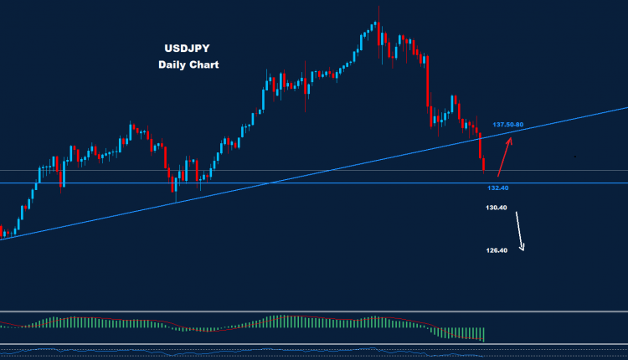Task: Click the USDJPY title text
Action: coord(188,49)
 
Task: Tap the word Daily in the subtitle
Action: coord(172,64)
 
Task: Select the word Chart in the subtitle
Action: coord(205,64)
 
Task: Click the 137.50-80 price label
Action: coord(507,125)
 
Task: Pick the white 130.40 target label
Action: coord(497,208)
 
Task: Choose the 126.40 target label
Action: coord(497,250)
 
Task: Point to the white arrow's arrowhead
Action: coord(522,248)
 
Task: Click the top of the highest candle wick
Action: coord(378,7)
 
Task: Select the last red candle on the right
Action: coord(484,163)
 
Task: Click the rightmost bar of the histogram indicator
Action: coord(484,333)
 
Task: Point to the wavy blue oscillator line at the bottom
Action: coord(251,351)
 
